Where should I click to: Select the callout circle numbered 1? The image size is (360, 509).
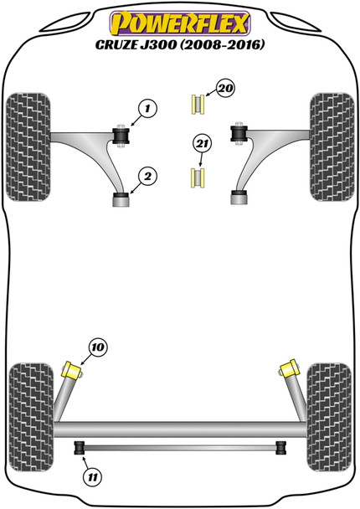tap(147, 108)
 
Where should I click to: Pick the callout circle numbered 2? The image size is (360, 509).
tap(147, 176)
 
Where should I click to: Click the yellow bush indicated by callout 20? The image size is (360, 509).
tap(198, 105)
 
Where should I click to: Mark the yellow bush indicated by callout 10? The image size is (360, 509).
tap(76, 369)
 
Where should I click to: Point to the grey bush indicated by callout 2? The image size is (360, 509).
tap(122, 199)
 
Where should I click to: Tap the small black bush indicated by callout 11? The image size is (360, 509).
tap(81, 445)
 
